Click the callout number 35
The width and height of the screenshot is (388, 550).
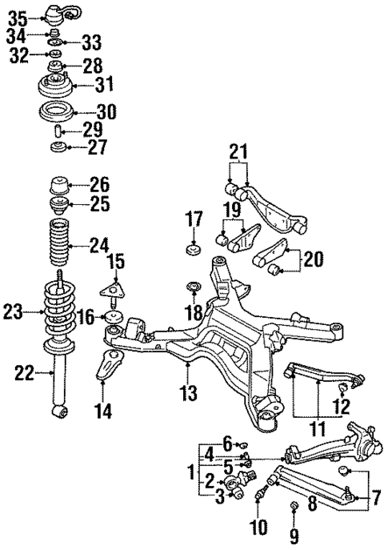tap(17, 16)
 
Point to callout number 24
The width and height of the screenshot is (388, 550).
tap(99, 244)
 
